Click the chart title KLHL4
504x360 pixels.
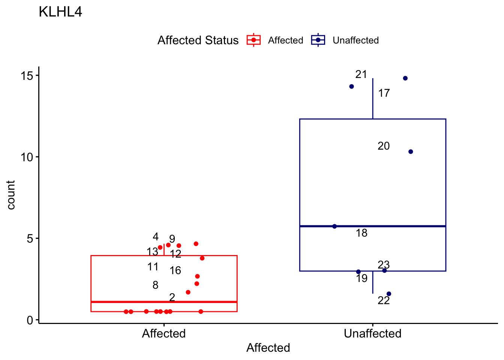60,12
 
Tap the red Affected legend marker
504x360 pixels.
253,40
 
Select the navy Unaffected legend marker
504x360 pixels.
318,40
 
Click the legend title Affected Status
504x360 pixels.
198,40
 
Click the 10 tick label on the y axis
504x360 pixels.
27,157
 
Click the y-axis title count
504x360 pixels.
11,195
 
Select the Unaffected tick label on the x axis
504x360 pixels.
372,333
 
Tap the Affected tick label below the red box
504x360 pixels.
163,333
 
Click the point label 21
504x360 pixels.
361,75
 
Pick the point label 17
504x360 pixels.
384,93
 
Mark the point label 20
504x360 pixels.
383,146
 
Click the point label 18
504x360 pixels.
361,233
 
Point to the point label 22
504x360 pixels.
384,300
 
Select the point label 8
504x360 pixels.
155,285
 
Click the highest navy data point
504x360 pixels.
405,78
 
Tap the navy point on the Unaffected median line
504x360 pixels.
334,226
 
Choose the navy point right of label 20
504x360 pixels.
411,151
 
